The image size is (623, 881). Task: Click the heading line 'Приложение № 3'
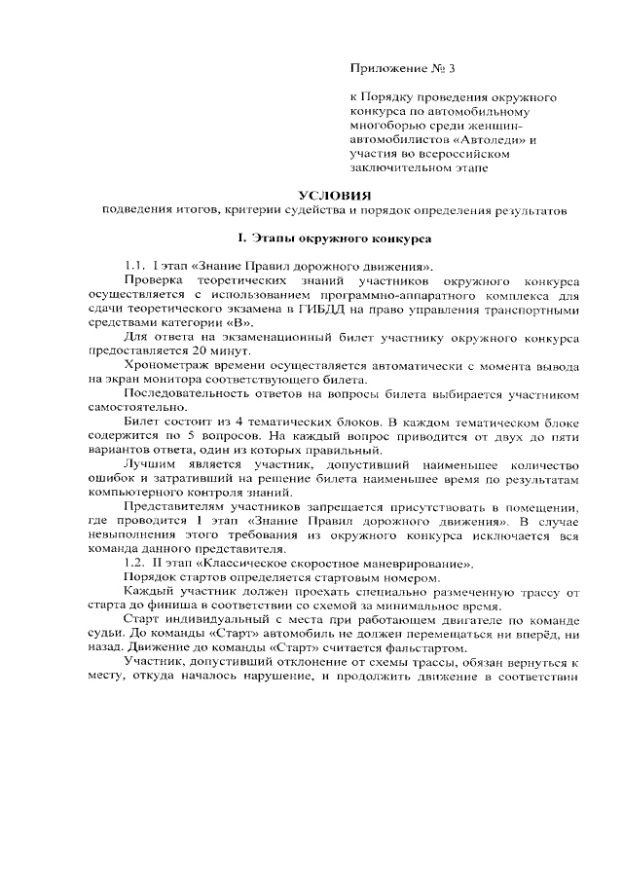point(402,69)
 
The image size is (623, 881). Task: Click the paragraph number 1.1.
point(135,266)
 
